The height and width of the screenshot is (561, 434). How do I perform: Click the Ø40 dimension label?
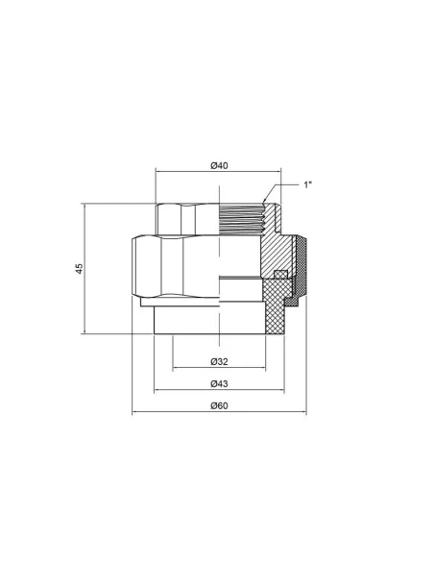pos(219,165)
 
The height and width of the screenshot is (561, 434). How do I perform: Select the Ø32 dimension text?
pos(219,362)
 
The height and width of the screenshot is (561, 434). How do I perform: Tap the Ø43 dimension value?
pos(219,384)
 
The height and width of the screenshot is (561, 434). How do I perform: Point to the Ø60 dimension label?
pos(219,406)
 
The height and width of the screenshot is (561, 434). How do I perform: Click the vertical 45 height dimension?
pos(79,269)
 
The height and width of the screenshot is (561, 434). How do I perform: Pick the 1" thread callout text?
pos(308,184)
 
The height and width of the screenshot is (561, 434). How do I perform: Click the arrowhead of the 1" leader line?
pos(264,201)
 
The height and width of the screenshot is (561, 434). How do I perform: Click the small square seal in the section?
pos(281,274)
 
